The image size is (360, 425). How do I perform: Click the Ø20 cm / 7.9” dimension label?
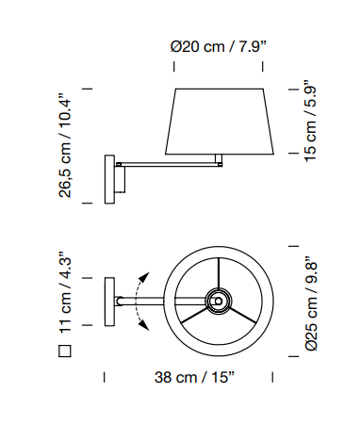pyautogui.click(x=219, y=47)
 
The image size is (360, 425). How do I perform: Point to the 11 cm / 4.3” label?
pyautogui.click(x=65, y=293)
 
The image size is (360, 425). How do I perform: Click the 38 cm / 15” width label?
pyautogui.click(x=194, y=377)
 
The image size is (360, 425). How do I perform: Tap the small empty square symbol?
pyautogui.click(x=65, y=351)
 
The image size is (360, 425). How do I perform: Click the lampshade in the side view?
pyautogui.click(x=220, y=122)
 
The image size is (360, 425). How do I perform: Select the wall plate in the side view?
pyautogui.click(x=109, y=179)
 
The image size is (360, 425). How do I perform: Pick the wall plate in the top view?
pyautogui.click(x=109, y=302)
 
